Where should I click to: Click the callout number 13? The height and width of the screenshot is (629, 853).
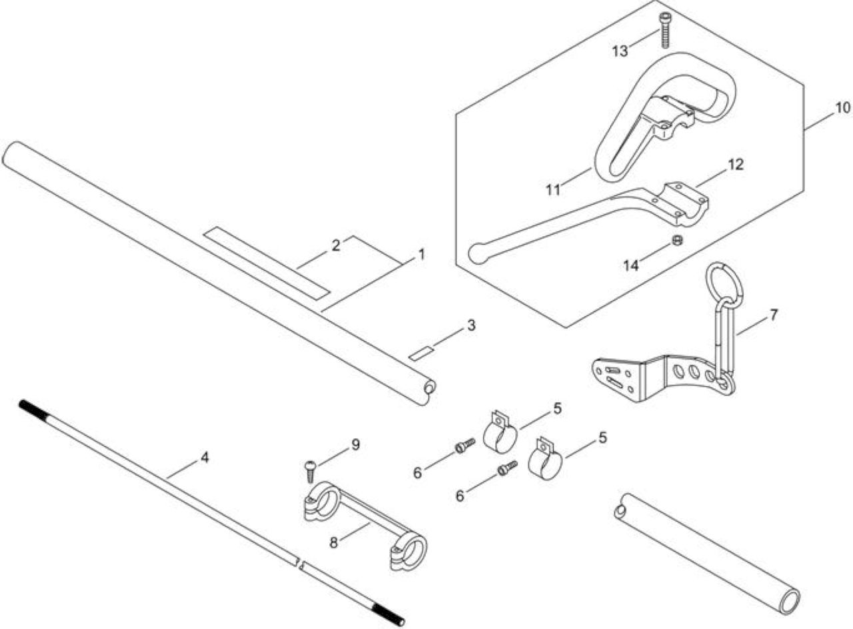(x=620, y=51)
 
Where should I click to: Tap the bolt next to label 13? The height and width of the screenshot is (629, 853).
(x=665, y=29)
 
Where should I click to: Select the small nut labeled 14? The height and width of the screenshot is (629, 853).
(x=676, y=241)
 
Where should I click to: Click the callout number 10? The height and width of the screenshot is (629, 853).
(x=842, y=108)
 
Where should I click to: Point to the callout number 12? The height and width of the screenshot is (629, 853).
(x=736, y=165)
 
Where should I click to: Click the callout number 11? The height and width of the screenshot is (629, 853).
(x=553, y=189)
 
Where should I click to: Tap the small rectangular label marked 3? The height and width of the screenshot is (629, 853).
(x=421, y=354)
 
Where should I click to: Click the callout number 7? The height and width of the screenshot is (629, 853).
(x=774, y=315)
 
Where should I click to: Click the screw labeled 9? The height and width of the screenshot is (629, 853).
(x=311, y=472)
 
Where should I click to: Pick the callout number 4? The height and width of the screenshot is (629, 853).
(x=205, y=458)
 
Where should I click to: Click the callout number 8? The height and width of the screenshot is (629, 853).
(x=334, y=543)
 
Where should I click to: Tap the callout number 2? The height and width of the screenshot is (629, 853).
(x=335, y=246)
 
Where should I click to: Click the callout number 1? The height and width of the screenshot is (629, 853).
(x=421, y=254)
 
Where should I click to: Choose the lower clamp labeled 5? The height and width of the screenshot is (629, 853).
(x=544, y=459)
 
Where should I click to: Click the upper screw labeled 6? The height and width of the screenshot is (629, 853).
(x=465, y=445)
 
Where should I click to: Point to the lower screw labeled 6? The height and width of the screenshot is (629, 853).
(x=508, y=468)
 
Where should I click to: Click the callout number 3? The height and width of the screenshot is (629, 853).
(x=471, y=326)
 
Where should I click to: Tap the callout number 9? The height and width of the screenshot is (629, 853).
(x=355, y=444)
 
